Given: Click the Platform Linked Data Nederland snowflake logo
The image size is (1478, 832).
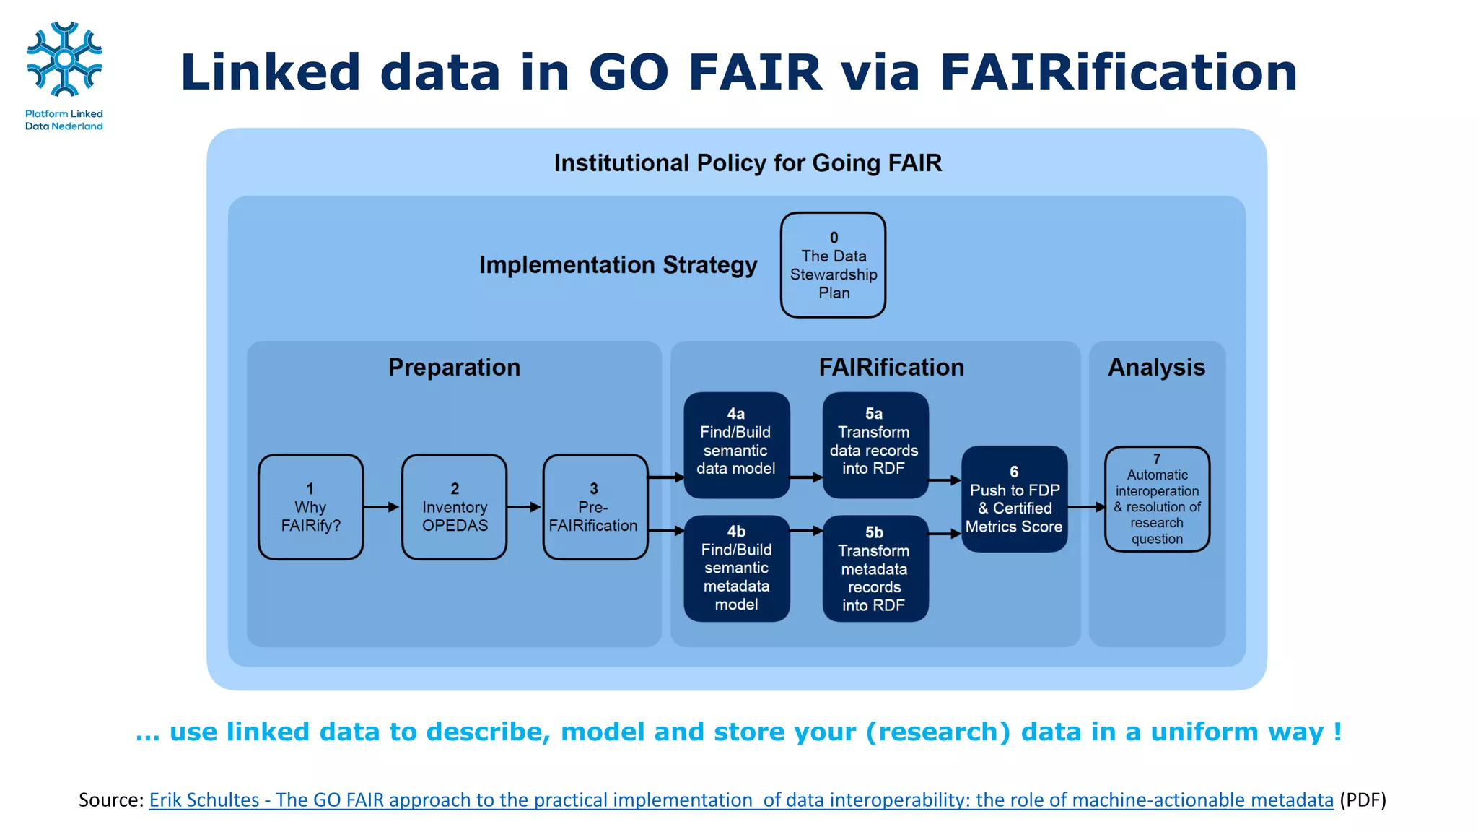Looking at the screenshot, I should click(x=64, y=59).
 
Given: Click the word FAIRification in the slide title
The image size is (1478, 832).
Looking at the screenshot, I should click(x=1118, y=72).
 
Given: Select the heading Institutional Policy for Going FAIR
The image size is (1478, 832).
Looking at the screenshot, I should click(x=748, y=163).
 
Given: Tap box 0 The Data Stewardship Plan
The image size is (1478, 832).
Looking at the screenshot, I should click(x=833, y=265).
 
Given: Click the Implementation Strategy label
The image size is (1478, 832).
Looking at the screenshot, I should click(x=618, y=265).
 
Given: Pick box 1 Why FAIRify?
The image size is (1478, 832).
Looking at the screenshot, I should click(x=310, y=507).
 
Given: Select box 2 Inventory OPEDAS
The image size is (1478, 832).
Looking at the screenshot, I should click(x=455, y=507).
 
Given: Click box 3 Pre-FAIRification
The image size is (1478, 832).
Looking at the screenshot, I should click(x=594, y=507).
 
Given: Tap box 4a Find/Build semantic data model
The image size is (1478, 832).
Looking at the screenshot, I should click(x=736, y=445).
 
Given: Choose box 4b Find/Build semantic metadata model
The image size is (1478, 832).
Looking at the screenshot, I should click(x=736, y=568).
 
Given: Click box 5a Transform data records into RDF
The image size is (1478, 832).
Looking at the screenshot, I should click(x=875, y=445).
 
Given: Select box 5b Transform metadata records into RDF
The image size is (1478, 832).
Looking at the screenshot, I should click(x=875, y=568).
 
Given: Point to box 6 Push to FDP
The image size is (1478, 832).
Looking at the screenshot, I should click(x=1014, y=499).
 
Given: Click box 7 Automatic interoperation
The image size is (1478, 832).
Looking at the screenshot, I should click(x=1157, y=499).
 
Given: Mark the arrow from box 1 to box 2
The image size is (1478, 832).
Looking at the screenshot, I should click(x=381, y=507).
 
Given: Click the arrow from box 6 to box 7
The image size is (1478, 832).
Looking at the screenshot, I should click(x=1086, y=507).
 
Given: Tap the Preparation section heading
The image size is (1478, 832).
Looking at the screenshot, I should click(x=454, y=368).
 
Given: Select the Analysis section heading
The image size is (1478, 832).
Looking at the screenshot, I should click(x=1156, y=368).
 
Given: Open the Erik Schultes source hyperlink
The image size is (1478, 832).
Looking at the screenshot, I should click(x=741, y=800).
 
